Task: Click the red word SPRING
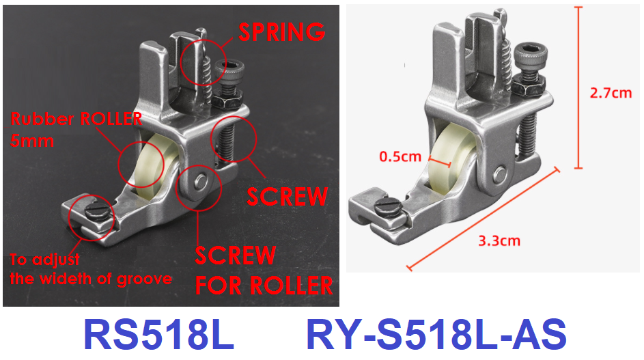point(282,32)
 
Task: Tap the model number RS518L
point(159,335)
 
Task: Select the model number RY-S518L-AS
point(436,335)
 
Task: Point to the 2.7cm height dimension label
point(611,93)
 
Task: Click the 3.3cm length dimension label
point(499,240)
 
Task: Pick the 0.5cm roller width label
point(400,156)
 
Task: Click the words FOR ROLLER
point(264,286)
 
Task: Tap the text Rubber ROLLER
point(76,119)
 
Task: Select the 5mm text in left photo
point(32,141)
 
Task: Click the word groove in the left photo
point(145,279)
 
